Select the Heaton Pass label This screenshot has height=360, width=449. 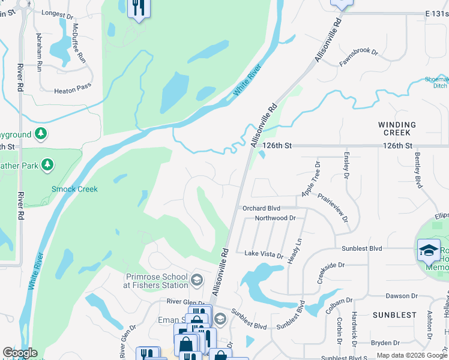73,91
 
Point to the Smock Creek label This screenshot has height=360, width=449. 74,189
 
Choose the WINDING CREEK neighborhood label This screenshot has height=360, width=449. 397,128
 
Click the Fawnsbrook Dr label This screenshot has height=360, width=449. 358,53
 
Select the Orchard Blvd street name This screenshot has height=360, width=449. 261,208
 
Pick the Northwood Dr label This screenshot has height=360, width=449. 276,219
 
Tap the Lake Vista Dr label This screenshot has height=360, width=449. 264,254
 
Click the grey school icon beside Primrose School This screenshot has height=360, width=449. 197,280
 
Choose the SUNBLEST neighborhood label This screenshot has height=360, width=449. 394,314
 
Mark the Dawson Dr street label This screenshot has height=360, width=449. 402,296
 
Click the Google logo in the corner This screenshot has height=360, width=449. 20,353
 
